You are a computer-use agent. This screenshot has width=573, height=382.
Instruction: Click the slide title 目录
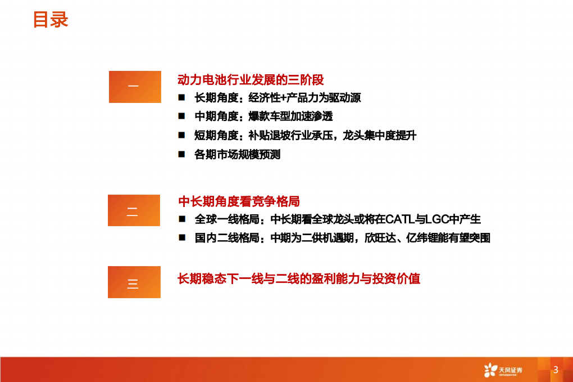tap(51, 20)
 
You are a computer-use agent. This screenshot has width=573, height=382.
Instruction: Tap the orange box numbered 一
tap(135, 87)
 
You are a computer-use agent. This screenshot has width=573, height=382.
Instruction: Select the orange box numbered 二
tap(134, 211)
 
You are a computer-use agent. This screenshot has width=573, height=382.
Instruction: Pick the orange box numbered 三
tap(134, 282)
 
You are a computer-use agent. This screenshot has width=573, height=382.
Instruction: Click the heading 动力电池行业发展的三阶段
tap(251, 80)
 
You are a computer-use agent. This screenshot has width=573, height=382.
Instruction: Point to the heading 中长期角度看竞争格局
tap(239, 201)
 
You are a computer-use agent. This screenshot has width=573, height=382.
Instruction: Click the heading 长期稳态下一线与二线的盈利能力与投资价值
tap(299, 278)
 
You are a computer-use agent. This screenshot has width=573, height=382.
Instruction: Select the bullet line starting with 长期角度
tap(278, 98)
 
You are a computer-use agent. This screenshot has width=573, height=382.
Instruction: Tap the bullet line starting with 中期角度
tap(263, 116)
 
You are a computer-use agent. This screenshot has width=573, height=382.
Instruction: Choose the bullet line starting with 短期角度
tap(305, 135)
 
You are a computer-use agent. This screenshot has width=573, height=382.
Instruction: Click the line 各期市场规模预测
tap(237, 154)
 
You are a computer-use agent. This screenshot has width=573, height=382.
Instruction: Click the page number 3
tap(556, 370)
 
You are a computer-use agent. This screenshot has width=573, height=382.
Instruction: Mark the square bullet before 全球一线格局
tap(182, 219)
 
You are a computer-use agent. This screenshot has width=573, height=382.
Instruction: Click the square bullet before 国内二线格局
tap(182, 238)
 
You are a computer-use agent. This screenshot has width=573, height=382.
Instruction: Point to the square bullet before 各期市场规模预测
tap(182, 154)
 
